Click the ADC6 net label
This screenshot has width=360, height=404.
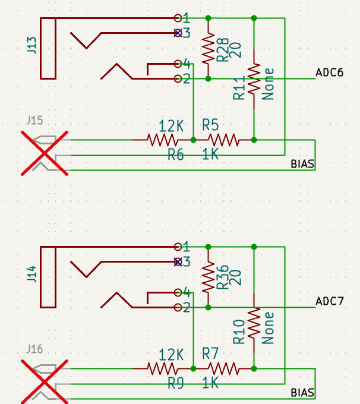[329, 72]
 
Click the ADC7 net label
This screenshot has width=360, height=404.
[329, 301]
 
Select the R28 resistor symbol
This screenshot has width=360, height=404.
[208, 49]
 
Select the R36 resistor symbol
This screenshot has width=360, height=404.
[208, 277]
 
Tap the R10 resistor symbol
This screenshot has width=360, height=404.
[254, 323]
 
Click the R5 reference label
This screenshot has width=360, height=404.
[210, 125]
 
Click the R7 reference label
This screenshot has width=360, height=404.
[210, 353]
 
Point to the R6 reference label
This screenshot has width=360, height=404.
[175, 155]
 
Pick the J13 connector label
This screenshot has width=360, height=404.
[32, 45]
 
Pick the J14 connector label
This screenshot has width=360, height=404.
[32, 274]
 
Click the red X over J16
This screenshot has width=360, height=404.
[45, 381]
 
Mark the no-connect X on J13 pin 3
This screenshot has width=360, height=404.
[177, 33]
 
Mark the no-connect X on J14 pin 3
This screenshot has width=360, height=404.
[177, 262]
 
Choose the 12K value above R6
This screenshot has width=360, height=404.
[171, 126]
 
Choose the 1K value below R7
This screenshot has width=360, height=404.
[210, 383]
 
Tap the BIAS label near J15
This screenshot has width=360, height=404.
[302, 163]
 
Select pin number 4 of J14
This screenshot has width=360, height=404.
[187, 292]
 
